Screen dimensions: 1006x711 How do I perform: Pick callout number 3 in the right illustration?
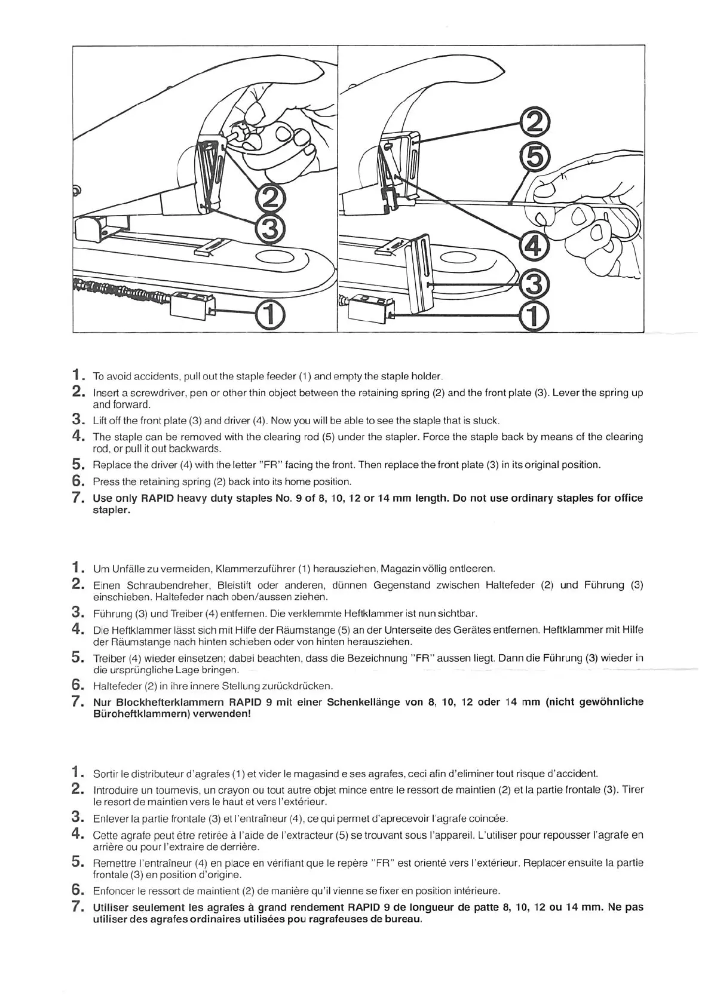[x=534, y=284]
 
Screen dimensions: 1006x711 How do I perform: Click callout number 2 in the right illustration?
[x=534, y=123]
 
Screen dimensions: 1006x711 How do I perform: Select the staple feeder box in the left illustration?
[x=192, y=306]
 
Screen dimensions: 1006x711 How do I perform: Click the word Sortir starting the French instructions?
[x=106, y=774]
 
